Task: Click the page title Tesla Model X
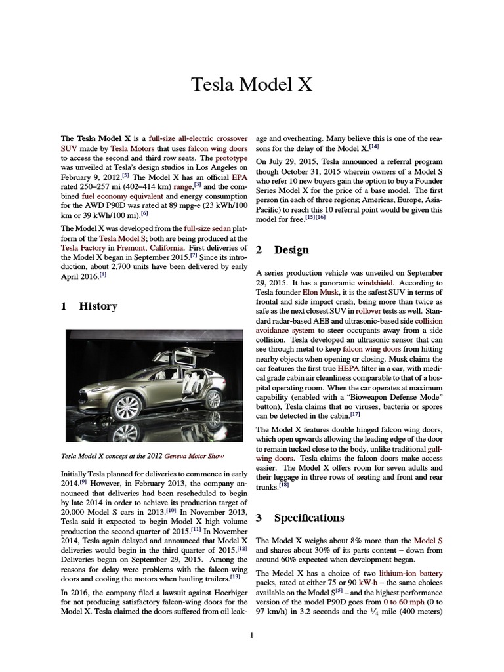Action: click(x=251, y=85)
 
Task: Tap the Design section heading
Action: click(x=283, y=250)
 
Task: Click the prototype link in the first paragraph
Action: click(x=231, y=158)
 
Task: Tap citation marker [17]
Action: click(x=355, y=415)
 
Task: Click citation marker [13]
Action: click(x=236, y=577)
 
